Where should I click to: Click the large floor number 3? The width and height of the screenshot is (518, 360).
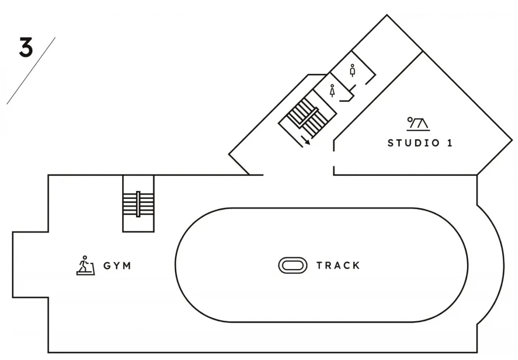coord(26,47)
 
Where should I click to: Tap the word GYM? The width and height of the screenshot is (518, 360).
coord(117,266)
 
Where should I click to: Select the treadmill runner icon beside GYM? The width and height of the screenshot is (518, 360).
coord(85,265)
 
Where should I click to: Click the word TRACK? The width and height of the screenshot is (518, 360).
coord(338,265)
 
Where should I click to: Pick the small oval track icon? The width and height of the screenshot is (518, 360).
coord(293,265)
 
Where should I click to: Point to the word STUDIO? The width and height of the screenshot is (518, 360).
coord(414,143)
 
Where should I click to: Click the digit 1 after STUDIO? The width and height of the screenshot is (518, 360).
coord(450,143)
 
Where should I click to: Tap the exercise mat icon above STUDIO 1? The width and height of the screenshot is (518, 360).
coord(418,124)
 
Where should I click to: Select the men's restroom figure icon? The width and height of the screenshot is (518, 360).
coord(352,70)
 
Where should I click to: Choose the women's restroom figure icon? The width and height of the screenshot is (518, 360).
coord(332,91)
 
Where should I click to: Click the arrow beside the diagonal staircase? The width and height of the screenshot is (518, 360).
coord(305,140)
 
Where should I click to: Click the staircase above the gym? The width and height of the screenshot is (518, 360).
coord(138,204)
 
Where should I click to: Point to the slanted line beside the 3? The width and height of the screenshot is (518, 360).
coord(31,71)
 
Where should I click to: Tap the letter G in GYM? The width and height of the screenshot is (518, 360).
coord(107,266)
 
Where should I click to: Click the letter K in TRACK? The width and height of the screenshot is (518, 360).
coord(357,265)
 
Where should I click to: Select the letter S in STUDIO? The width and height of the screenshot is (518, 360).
coord(391,143)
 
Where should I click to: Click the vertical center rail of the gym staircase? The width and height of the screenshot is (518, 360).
coord(138,204)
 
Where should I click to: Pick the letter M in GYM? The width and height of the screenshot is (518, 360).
coord(127,266)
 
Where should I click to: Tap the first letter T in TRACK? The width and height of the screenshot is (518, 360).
coord(320,265)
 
